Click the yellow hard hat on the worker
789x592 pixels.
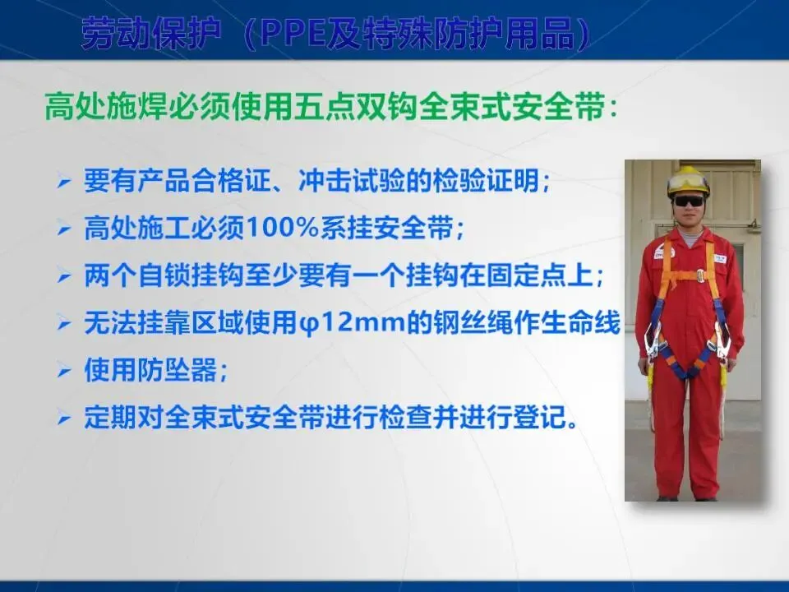tap(688, 181)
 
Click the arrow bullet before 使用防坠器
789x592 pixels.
tap(64, 370)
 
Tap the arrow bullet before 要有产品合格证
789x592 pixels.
tap(64, 181)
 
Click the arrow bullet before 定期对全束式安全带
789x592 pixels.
tap(64, 418)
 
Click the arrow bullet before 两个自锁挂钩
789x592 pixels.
tap(64, 275)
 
